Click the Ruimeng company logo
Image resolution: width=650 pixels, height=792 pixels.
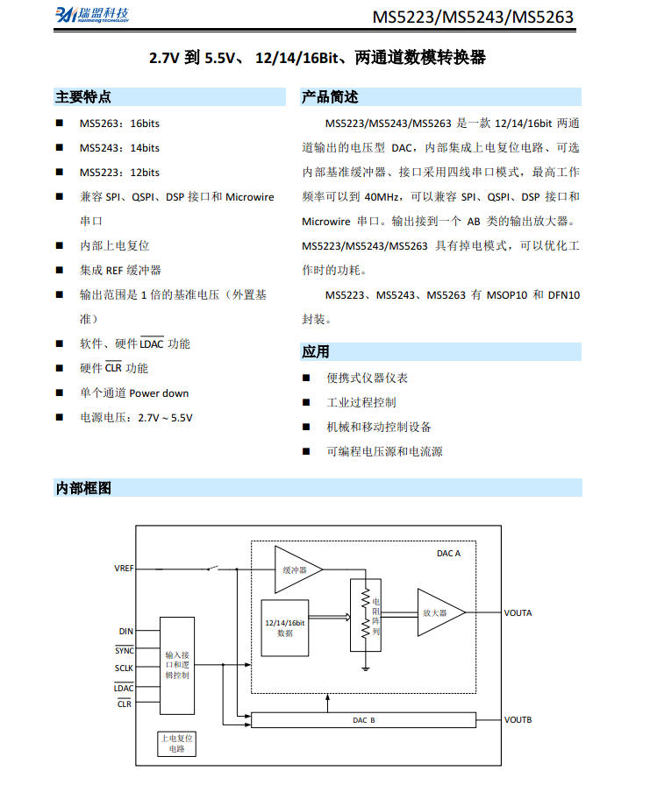tap(92, 15)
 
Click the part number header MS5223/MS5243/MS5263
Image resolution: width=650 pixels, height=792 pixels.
tap(473, 18)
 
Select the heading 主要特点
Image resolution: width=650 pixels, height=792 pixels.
tap(83, 96)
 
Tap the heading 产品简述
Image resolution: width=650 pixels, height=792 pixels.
tap(330, 96)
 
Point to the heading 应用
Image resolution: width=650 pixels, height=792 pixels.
tap(316, 351)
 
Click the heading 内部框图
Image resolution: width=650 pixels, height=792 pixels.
tap(83, 488)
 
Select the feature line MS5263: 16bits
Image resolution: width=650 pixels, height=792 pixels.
tap(119, 124)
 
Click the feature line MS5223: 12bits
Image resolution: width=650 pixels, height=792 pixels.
tap(119, 173)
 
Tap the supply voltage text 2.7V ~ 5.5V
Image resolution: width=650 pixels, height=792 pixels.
tap(165, 418)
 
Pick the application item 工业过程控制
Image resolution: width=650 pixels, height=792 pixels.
tap(361, 402)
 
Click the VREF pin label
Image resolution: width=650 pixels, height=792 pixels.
tap(124, 569)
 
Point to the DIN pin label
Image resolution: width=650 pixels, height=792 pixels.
tap(126, 632)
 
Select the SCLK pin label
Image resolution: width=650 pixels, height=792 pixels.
tap(124, 668)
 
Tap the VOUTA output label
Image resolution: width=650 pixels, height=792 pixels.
tap(518, 612)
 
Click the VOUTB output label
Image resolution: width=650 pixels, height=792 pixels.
tap(518, 720)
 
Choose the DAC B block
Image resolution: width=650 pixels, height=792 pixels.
tap(364, 720)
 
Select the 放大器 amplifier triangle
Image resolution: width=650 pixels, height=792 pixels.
tap(441, 612)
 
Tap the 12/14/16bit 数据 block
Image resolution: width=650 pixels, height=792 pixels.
tap(285, 628)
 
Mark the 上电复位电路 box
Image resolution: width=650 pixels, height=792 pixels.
tap(176, 744)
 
